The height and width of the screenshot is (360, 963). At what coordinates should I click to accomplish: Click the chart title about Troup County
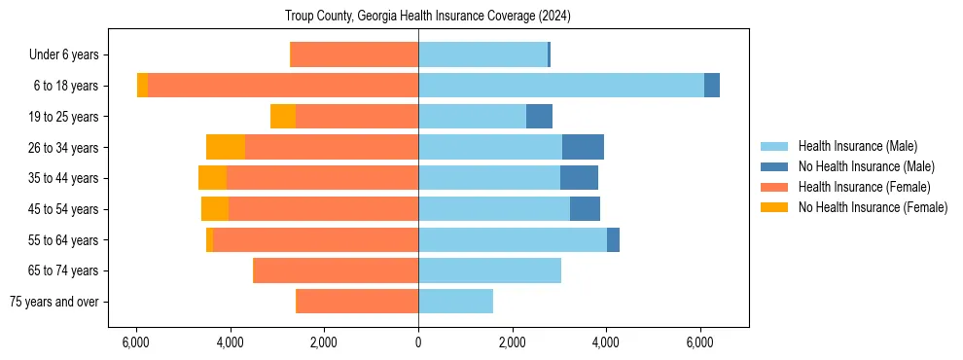[x=428, y=17]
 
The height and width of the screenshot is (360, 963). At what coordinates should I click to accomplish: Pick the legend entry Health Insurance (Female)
[x=864, y=187]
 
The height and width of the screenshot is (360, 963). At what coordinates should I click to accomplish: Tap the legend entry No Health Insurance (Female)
[x=873, y=207]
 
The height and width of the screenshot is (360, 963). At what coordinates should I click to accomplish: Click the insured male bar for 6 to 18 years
[x=560, y=86]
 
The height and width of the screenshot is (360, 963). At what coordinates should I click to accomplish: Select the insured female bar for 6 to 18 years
[x=283, y=86]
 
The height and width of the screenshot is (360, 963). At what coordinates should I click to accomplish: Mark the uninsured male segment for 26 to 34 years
[x=583, y=147]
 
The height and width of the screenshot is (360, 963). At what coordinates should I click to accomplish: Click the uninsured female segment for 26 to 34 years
[x=226, y=147]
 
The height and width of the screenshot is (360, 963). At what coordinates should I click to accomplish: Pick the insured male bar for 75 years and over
[x=455, y=302]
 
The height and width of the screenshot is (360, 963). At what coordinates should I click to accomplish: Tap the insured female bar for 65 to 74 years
[x=337, y=270]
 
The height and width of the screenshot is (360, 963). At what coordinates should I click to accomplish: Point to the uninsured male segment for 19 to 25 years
[x=539, y=117]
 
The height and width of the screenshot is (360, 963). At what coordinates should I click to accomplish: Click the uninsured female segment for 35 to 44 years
[x=212, y=178]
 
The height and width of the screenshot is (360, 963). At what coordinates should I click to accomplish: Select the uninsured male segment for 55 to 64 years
[x=613, y=240]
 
